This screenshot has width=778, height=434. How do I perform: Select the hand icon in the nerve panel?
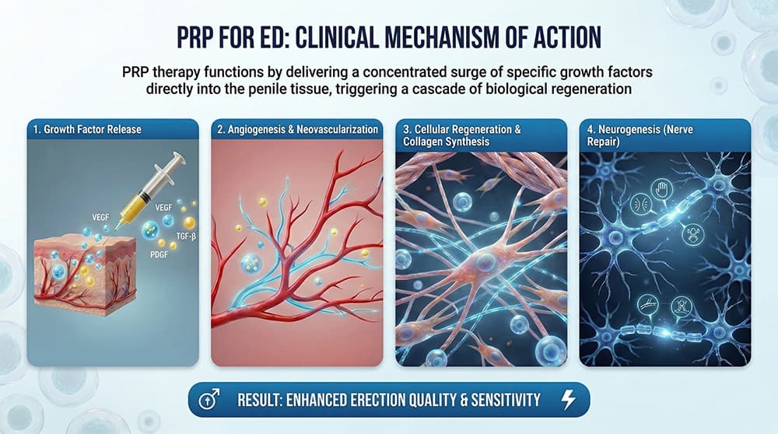pyautogui.click(x=663, y=189)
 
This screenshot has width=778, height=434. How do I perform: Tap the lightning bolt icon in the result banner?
pyautogui.click(x=568, y=400)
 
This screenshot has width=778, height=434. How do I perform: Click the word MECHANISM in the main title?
pyautogui.click(x=424, y=37)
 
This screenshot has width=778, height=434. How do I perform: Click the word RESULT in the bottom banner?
pyautogui.click(x=263, y=401)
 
